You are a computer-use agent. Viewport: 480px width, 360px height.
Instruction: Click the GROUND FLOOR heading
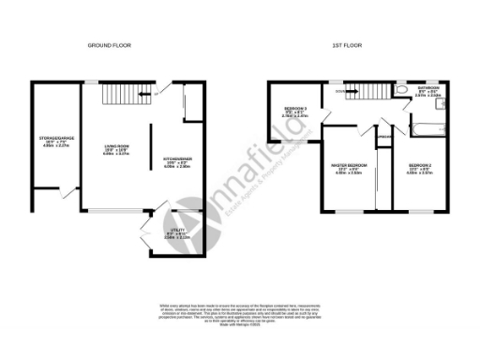(x=111, y=45)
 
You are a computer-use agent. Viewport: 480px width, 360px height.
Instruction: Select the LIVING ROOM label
(x=116, y=147)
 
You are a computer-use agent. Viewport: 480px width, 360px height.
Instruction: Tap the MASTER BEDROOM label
(x=348, y=167)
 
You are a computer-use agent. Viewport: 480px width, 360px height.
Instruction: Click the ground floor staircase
(x=121, y=95)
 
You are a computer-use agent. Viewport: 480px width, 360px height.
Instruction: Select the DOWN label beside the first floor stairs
(x=339, y=92)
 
